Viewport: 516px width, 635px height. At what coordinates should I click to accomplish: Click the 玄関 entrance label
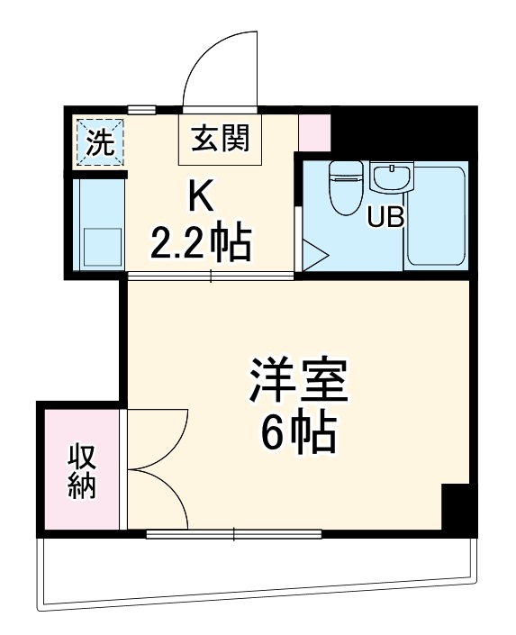[221, 141]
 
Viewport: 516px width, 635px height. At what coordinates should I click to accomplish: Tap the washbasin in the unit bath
[391, 177]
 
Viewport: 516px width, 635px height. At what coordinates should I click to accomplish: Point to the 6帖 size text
[298, 436]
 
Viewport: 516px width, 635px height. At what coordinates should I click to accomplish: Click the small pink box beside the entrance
[314, 132]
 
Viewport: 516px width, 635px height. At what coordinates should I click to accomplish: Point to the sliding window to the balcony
[234, 535]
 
